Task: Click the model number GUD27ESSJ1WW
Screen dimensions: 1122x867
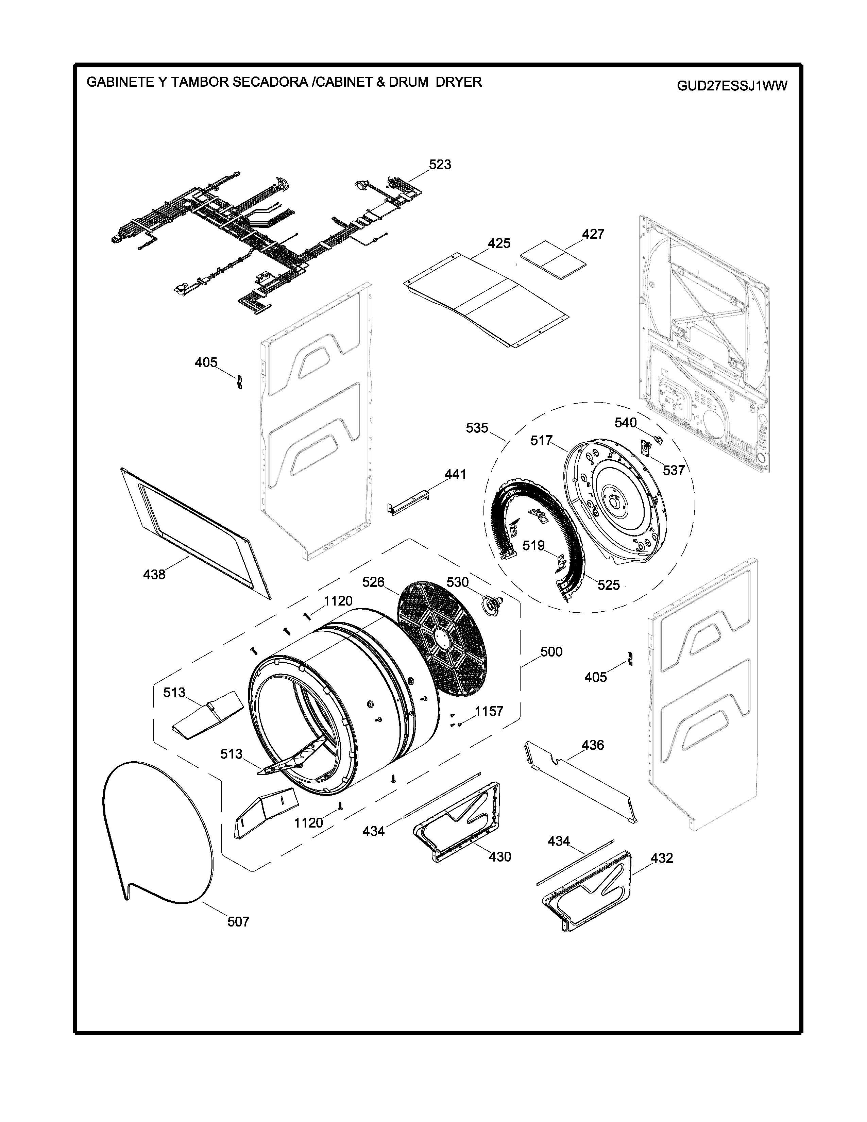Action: tap(732, 86)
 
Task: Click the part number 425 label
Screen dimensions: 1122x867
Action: tap(499, 243)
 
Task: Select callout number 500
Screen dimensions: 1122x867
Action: tap(551, 651)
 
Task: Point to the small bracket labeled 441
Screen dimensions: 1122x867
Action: tap(408, 504)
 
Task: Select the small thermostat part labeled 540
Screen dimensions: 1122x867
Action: tap(657, 439)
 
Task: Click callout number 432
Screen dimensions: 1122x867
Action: tap(662, 858)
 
